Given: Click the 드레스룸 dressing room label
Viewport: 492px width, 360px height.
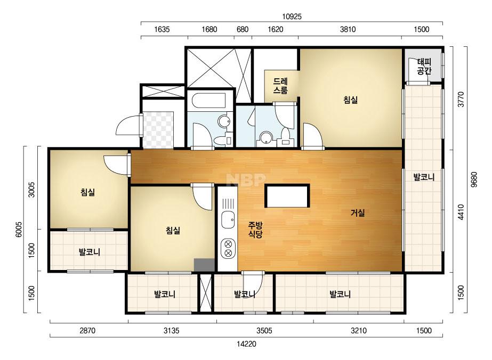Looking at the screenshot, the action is click(280, 86).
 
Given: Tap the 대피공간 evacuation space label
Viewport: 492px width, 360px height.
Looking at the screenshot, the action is click(424, 66).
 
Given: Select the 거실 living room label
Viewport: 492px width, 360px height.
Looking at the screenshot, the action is click(358, 213).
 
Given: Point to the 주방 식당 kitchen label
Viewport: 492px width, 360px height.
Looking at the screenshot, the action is click(255, 230).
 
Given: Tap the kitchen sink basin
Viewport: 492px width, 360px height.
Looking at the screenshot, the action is click(228, 220).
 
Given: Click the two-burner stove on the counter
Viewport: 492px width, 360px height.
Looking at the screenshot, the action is click(228, 248).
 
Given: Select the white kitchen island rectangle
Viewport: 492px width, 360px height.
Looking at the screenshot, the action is click(287, 196).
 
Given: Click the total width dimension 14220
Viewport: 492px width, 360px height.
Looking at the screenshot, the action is click(246, 344).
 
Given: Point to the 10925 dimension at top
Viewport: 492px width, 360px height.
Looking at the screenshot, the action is click(292, 17).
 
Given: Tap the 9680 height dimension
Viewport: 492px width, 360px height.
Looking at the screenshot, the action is click(474, 179).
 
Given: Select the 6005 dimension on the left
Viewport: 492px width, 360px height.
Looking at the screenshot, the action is click(19, 230).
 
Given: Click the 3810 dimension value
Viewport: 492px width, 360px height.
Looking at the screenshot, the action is click(348, 29).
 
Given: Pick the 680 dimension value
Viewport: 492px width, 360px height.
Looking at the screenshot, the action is click(242, 29).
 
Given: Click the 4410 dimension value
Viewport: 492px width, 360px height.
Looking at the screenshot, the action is click(461, 212).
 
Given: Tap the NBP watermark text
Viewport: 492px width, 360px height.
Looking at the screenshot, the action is click(246, 180).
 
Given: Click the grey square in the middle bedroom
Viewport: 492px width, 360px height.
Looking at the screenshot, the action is click(204, 265).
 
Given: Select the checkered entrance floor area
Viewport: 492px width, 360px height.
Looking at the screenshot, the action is click(158, 129).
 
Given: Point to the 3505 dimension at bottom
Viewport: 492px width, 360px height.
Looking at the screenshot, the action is click(264, 331).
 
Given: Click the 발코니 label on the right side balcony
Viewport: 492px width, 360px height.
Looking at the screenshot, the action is click(424, 177).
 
